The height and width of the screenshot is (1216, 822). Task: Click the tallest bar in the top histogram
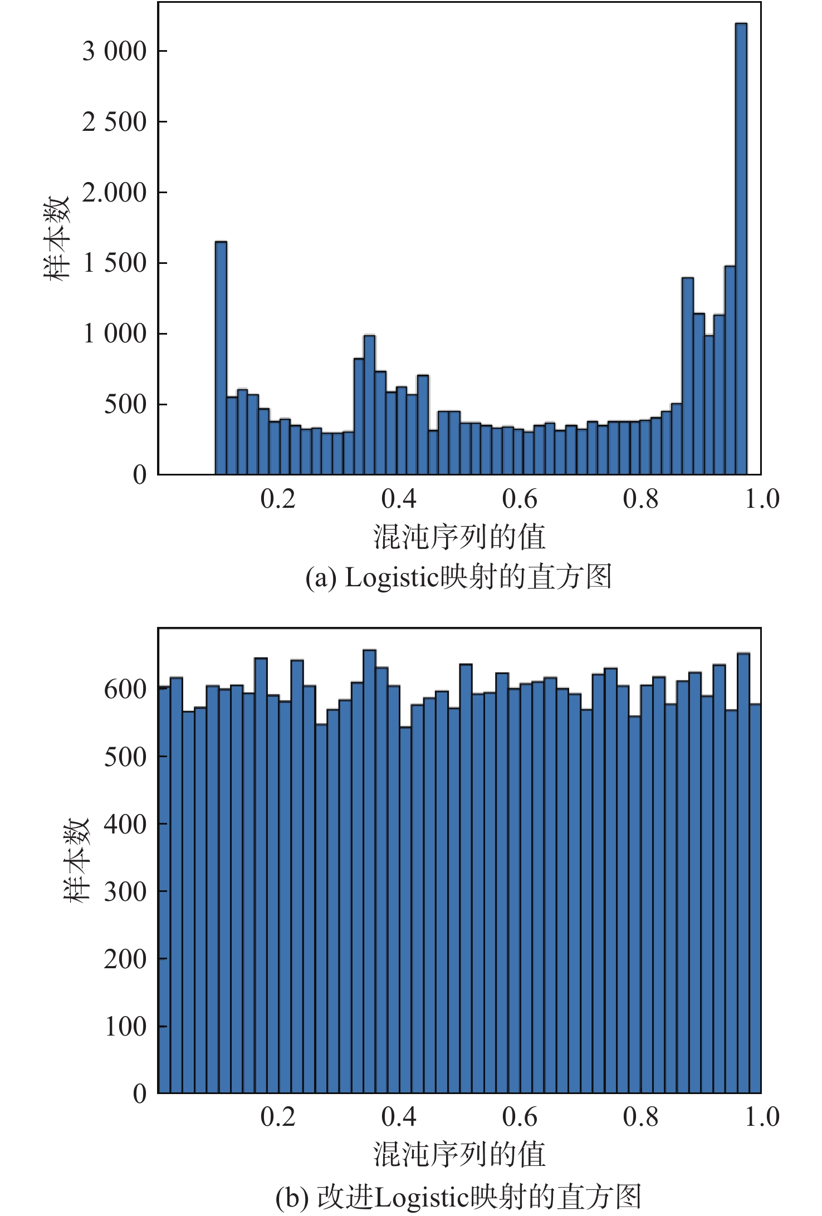(x=741, y=251)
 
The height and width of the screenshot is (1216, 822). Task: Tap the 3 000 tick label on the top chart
(x=114, y=51)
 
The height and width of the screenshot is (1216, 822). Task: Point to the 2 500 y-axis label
(x=114, y=122)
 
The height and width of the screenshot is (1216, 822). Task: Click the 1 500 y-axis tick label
(x=114, y=263)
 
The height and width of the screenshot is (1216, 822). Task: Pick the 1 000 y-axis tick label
(x=114, y=334)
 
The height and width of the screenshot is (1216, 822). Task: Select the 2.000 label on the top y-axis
(x=114, y=193)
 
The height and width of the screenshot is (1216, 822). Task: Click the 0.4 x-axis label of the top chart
(x=399, y=499)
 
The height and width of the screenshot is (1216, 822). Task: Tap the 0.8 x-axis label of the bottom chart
(x=640, y=1117)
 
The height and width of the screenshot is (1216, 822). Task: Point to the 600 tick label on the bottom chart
(x=125, y=689)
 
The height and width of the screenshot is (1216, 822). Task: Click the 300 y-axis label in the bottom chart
(x=125, y=891)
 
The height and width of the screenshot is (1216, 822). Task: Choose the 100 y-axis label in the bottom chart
(x=125, y=1026)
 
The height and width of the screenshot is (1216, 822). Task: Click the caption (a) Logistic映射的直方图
(x=459, y=577)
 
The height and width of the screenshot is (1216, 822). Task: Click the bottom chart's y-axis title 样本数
(x=75, y=860)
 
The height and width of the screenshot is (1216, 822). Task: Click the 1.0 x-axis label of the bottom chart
(x=762, y=1117)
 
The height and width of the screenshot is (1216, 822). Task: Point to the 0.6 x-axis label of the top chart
(x=520, y=499)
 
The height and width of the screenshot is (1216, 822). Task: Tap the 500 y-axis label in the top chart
(x=125, y=404)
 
